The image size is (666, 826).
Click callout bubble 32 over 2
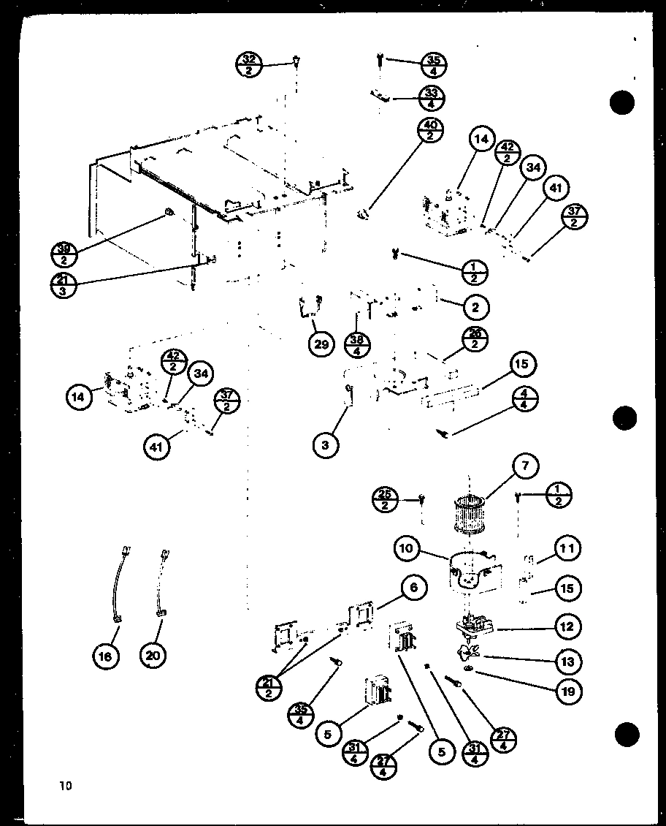click(x=249, y=64)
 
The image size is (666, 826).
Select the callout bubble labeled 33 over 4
click(x=432, y=96)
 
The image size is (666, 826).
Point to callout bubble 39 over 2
click(x=65, y=253)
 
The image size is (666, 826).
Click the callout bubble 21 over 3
click(x=66, y=284)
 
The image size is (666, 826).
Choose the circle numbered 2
click(x=475, y=308)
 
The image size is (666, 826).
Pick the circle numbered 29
click(x=321, y=344)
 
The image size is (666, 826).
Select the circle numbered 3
click(x=326, y=445)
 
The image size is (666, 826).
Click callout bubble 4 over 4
click(x=525, y=399)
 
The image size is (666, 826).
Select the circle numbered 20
click(x=153, y=656)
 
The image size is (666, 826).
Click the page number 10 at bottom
click(x=66, y=787)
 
